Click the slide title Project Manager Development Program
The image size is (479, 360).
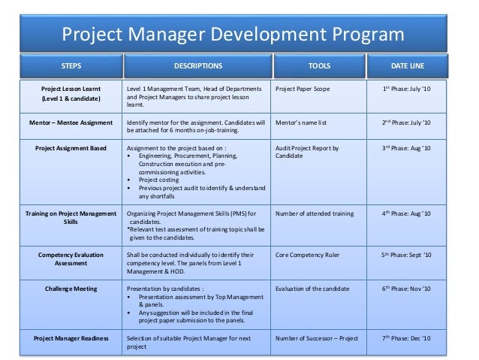[232, 35]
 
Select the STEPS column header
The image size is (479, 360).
[71, 65]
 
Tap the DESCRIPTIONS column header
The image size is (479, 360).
[197, 65]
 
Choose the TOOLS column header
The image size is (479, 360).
[319, 65]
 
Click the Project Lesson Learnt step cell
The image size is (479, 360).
[72, 94]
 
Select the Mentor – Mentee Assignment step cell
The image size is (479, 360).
[72, 121]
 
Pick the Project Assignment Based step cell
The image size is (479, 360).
[72, 149]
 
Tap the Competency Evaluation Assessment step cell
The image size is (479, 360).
[72, 259]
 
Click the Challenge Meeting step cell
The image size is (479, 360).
[72, 288]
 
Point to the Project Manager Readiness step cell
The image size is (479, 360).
[72, 338]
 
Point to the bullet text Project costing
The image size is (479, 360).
[160, 180]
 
